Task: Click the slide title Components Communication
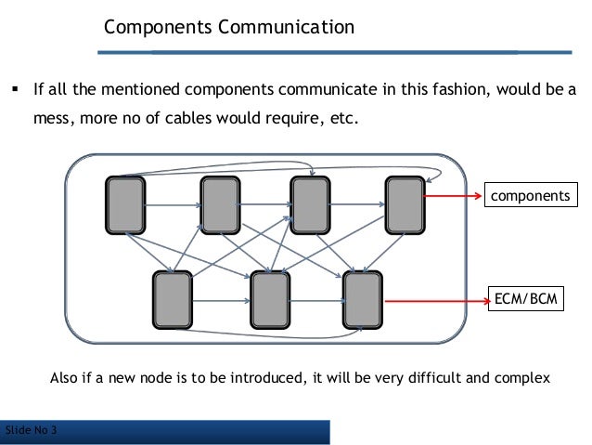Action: pyautogui.click(x=228, y=27)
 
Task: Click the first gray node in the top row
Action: pyautogui.click(x=124, y=204)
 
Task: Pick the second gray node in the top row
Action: pyautogui.click(x=220, y=204)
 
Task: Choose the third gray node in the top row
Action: pyautogui.click(x=310, y=204)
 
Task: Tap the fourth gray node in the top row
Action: pyautogui.click(x=404, y=204)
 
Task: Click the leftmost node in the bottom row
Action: pyautogui.click(x=173, y=300)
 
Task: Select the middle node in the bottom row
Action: pyautogui.click(x=270, y=300)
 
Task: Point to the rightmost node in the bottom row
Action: pyautogui.click(x=363, y=300)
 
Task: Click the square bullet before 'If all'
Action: pyautogui.click(x=15, y=93)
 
